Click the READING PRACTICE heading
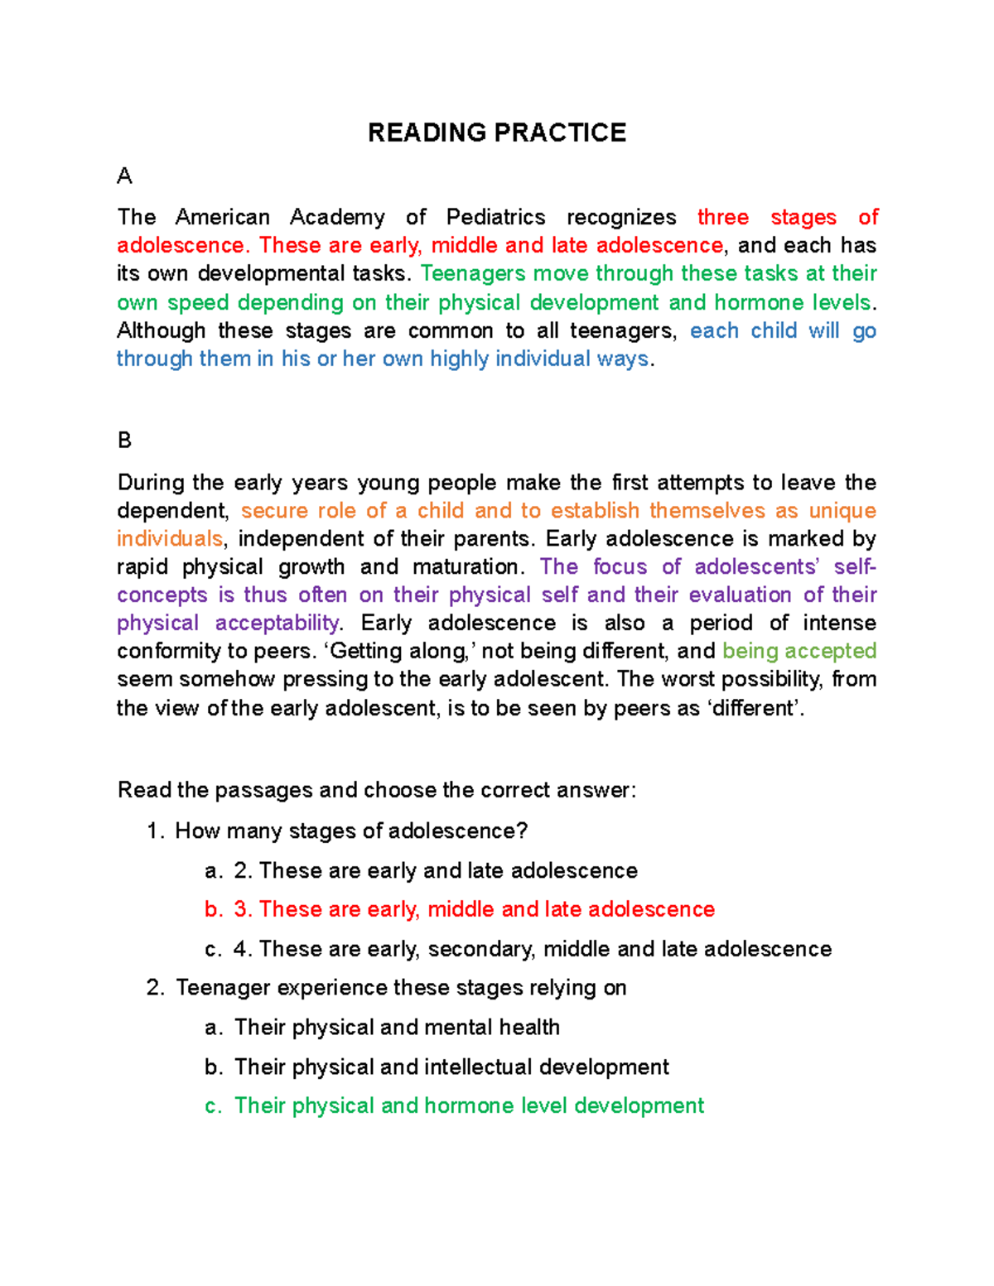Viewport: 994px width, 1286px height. point(497,132)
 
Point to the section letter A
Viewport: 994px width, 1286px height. point(125,176)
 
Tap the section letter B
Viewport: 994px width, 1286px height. point(125,440)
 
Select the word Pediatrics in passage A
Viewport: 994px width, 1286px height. point(495,217)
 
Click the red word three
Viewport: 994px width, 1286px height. point(723,217)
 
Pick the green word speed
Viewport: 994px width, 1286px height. point(197,302)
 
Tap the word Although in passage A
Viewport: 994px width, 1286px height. point(161,330)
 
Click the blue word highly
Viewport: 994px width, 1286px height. point(459,359)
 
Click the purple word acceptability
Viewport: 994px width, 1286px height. point(277,623)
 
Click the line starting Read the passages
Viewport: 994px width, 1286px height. point(377,790)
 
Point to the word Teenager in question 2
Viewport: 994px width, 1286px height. point(223,988)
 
